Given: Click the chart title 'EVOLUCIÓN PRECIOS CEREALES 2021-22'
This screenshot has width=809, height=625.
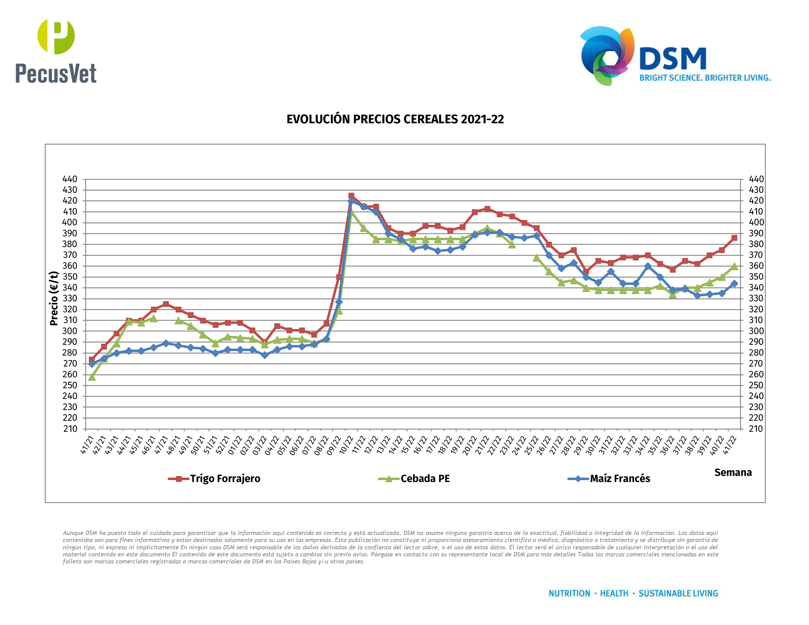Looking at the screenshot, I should (395, 119).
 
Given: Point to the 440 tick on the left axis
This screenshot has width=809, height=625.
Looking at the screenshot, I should (70, 179).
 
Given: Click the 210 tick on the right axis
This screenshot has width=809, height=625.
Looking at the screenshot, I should (756, 429).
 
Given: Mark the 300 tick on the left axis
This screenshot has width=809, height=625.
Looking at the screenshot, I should (70, 331).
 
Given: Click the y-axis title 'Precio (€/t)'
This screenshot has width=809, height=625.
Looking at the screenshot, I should (54, 298).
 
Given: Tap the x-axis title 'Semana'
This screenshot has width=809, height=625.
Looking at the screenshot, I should (733, 472).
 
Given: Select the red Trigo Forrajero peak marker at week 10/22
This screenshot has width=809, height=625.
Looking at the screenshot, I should (351, 195).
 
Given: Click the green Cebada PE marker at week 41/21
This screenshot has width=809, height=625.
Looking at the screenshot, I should (92, 377).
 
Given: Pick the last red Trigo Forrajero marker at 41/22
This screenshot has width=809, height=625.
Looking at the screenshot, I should (734, 238).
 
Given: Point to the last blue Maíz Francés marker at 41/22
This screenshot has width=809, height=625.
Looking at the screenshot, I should (734, 284).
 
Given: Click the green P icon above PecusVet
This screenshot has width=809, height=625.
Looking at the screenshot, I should (56, 36).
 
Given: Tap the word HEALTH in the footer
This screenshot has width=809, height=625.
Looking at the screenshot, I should (614, 593).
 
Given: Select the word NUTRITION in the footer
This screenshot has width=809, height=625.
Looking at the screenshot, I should (569, 593).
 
